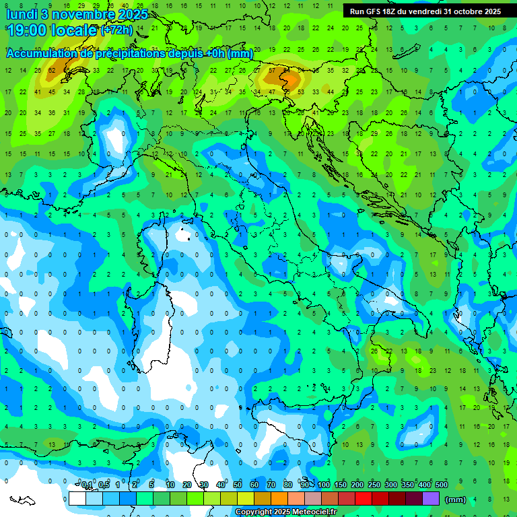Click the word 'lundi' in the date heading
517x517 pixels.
(22, 13)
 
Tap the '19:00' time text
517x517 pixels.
(28, 31)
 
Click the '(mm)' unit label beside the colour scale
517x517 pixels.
(456, 499)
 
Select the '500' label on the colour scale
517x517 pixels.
(442, 485)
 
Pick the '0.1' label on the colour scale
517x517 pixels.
(87, 485)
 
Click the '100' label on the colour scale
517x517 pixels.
(324, 485)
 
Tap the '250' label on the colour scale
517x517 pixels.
(374, 485)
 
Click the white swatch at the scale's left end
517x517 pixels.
(77, 498)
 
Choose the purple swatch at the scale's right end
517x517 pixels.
(431, 498)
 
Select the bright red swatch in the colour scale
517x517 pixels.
(364, 498)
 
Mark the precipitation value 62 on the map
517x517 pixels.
(52, 70)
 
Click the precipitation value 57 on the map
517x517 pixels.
(272, 70)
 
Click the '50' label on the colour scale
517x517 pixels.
(238, 485)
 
